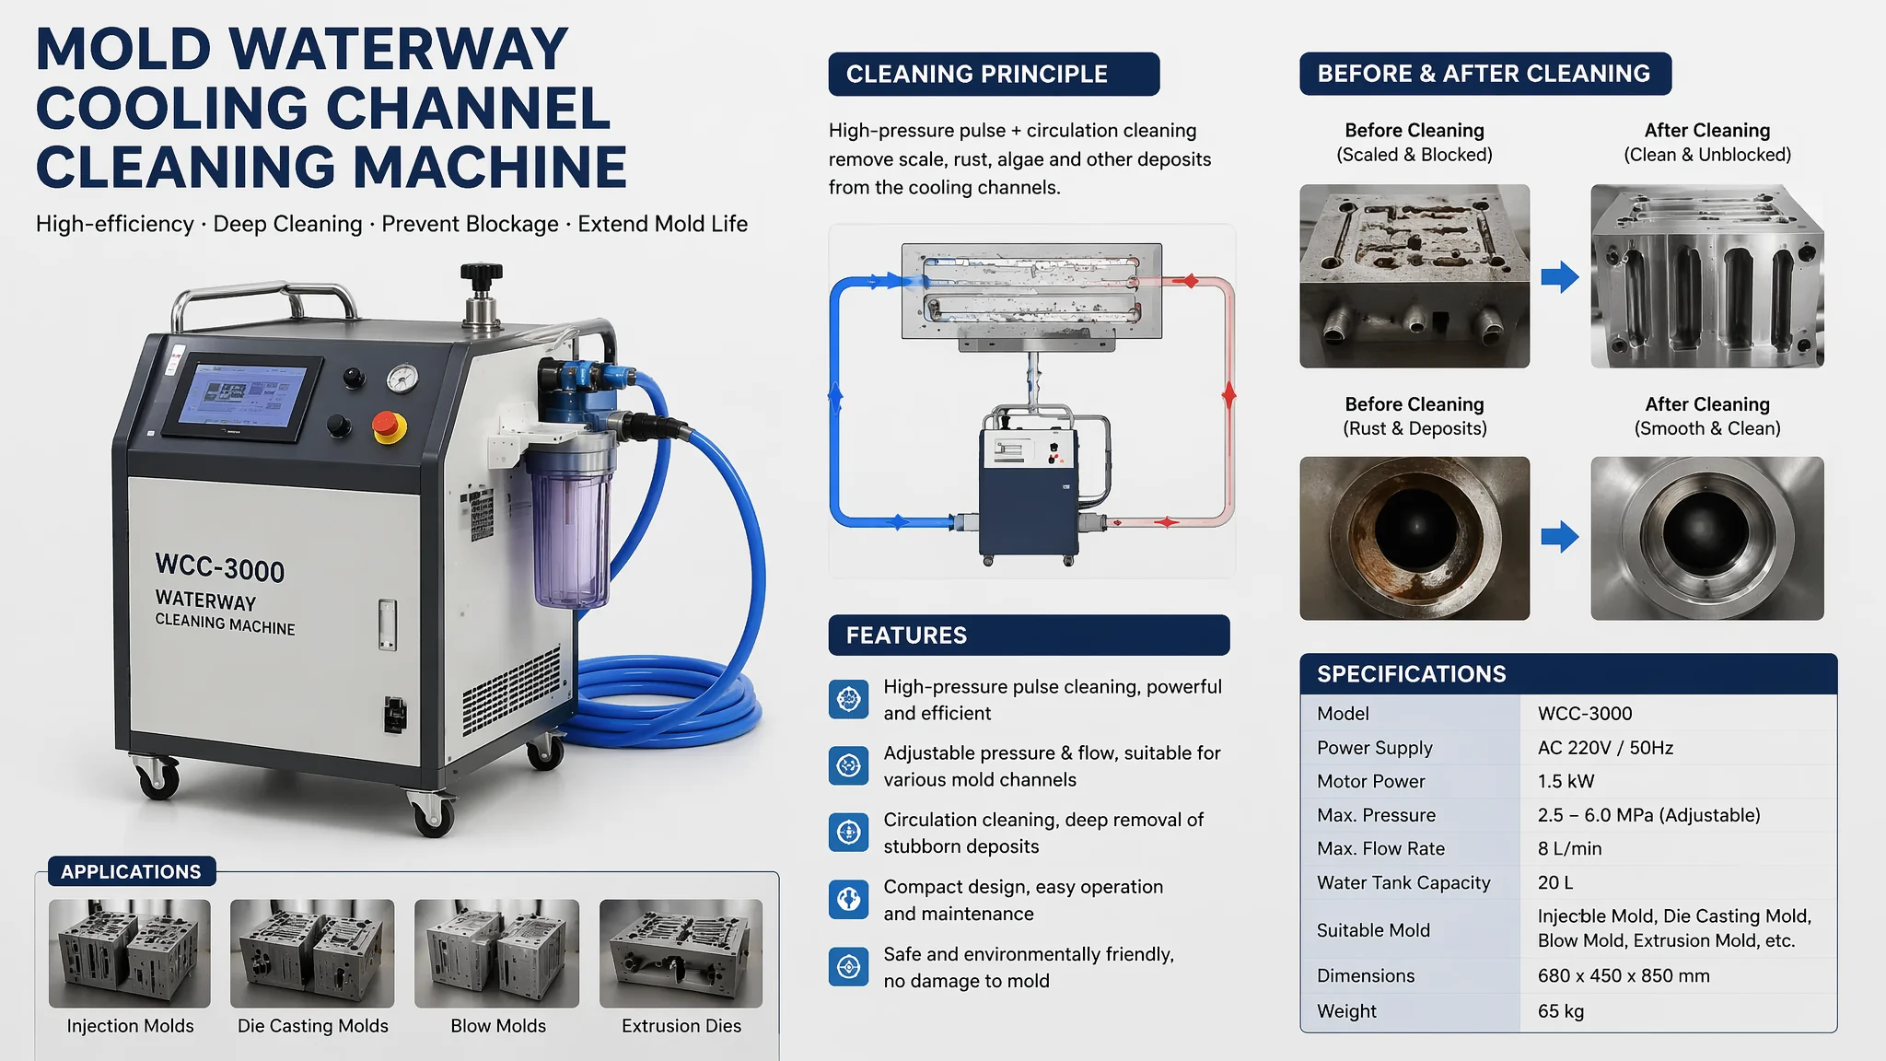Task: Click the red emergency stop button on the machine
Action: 389,427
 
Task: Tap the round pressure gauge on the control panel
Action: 402,378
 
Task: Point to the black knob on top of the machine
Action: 482,274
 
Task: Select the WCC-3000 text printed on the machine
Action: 220,567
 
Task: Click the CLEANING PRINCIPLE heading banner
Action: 994,74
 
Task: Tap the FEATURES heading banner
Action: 1029,635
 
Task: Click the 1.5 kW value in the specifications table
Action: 1566,781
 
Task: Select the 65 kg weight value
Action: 1561,1011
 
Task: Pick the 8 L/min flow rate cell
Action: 1569,848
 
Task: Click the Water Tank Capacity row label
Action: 1403,882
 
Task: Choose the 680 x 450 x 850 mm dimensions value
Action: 1624,975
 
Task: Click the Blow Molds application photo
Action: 497,953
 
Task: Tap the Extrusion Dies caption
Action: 681,1026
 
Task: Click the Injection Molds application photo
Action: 130,953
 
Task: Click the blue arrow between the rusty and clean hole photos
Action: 1560,537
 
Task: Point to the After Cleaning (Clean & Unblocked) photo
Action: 1707,276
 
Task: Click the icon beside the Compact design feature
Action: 848,900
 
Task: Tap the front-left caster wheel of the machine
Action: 157,778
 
